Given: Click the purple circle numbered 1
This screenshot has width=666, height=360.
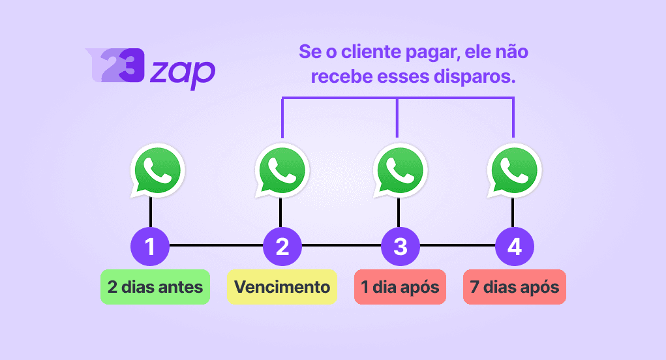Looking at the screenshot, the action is click(x=150, y=247).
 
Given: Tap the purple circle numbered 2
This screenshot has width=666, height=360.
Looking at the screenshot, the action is click(x=282, y=247).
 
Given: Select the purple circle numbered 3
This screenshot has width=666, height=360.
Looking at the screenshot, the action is click(x=401, y=247).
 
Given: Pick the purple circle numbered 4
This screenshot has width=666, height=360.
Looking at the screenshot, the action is click(x=514, y=247).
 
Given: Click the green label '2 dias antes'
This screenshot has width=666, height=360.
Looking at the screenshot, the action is click(x=155, y=287).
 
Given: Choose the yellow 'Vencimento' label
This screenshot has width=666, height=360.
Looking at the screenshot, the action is click(x=282, y=287).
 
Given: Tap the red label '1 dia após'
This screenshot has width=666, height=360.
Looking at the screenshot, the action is click(x=400, y=287).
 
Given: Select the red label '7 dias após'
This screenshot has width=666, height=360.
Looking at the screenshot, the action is click(x=514, y=287).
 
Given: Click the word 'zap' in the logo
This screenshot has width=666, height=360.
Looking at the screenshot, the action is click(x=182, y=71).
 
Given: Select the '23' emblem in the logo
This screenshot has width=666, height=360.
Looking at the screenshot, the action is click(x=114, y=65).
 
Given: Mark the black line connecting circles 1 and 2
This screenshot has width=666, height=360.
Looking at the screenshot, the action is click(x=216, y=246).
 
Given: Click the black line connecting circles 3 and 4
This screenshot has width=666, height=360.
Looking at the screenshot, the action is click(x=457, y=246).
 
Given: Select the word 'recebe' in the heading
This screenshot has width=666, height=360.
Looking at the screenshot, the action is click(x=339, y=77).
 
